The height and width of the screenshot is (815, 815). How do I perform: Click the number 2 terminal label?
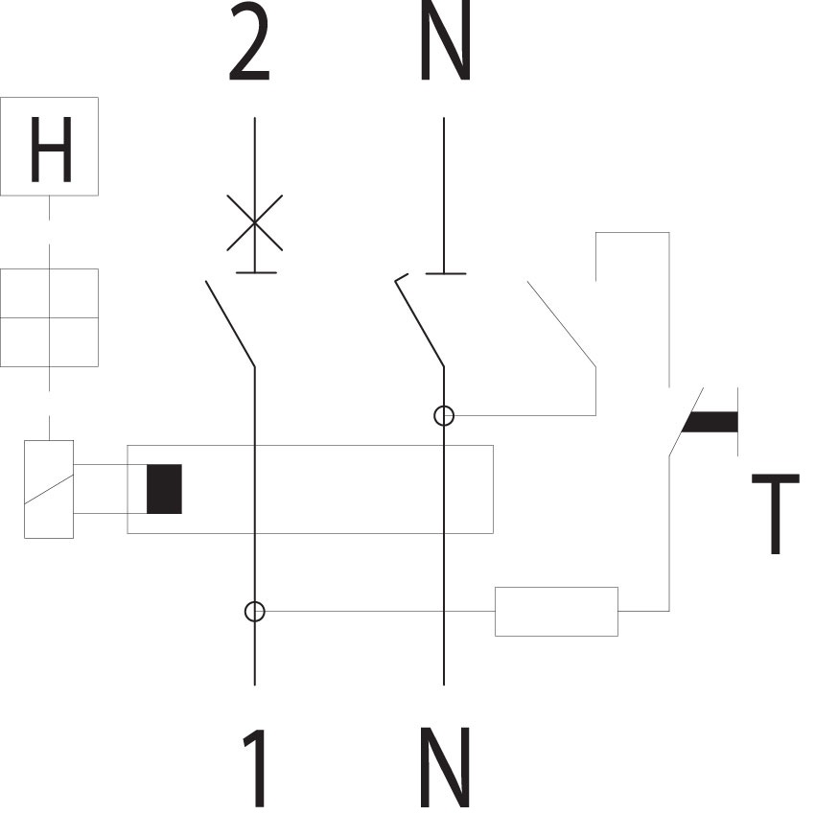pos(250,41)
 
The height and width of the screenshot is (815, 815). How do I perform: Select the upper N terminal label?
pos(446,40)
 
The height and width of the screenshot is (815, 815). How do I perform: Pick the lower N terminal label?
pos(446,768)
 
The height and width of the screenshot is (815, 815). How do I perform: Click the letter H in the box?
pos(51,150)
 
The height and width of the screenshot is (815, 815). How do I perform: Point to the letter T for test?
pos(776,514)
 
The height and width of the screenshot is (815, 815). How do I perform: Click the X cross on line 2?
pos(255,223)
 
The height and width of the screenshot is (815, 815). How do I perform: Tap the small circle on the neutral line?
pos(444,416)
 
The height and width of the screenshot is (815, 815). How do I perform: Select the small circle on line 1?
pos(255,612)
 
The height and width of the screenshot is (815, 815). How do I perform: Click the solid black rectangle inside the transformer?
pos(164,489)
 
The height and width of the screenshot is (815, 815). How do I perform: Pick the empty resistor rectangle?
pos(556,612)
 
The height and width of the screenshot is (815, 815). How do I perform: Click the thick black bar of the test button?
pos(710,422)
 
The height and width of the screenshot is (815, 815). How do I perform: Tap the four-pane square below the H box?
pos(49,317)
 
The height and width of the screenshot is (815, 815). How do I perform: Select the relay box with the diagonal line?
pos(49,489)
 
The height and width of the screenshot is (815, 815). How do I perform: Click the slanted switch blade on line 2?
pos(230,324)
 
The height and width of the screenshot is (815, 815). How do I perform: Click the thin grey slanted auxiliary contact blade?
pos(561,324)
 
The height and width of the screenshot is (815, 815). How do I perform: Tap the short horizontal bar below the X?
pos(256,272)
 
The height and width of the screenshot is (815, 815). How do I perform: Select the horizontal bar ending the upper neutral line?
pos(446,273)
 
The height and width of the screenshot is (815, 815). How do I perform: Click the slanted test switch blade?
pos(687,422)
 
